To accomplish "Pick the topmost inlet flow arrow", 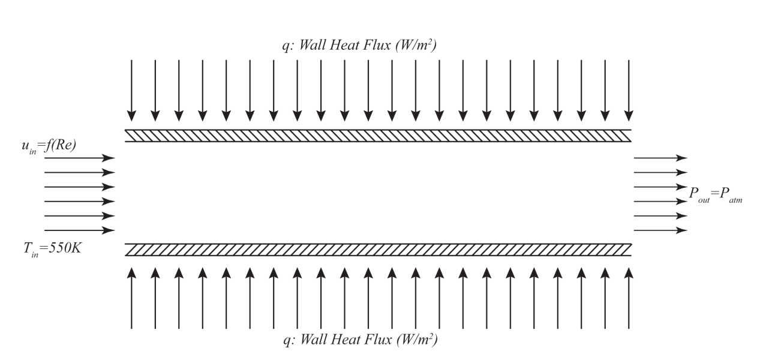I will click(79, 158).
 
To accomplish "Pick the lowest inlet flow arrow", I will click(79, 230).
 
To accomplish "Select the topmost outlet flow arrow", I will click(660, 158).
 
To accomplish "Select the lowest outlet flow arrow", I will click(660, 230).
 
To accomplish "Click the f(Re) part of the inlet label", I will click(61, 146).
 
